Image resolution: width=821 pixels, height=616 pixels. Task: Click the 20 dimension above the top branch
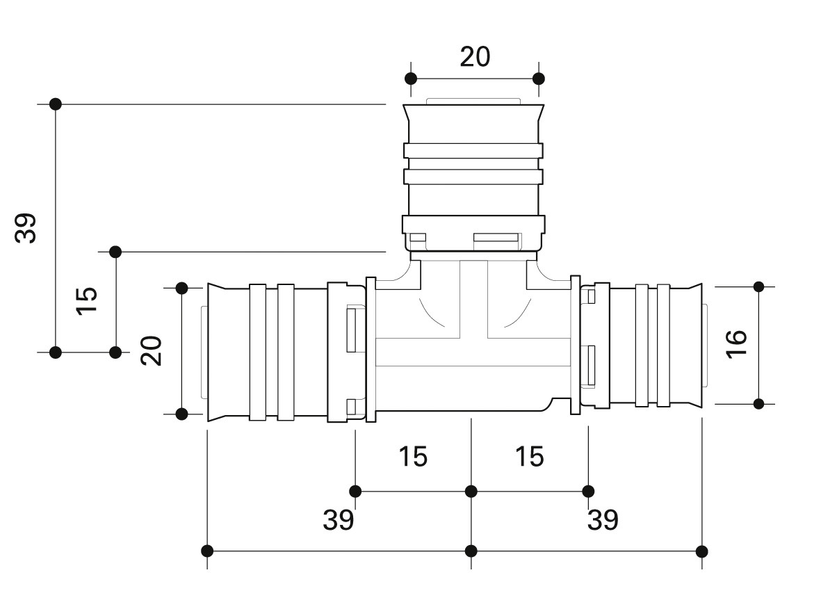point(475,56)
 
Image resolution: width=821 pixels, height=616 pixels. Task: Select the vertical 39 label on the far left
point(26,228)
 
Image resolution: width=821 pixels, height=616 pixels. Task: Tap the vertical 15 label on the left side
point(87,300)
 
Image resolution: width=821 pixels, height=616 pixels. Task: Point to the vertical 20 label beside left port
point(151,350)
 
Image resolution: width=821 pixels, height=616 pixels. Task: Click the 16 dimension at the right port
point(736,343)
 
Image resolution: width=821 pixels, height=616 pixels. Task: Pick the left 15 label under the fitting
point(413,456)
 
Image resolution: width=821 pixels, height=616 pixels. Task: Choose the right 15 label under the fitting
point(530,456)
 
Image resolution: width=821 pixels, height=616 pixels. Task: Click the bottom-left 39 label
point(339,519)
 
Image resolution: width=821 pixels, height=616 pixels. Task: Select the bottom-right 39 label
point(603,519)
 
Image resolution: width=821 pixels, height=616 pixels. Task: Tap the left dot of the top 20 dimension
point(411,79)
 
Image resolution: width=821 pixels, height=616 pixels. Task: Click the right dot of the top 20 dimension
point(538,79)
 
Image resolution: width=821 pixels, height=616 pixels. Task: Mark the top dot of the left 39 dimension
point(56,104)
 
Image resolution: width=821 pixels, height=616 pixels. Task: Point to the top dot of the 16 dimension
point(758,286)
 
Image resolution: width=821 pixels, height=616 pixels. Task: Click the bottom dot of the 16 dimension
point(758,404)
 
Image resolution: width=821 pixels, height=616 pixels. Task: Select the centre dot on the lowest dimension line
point(471,551)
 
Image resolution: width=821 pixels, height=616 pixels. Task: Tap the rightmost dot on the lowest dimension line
point(702,551)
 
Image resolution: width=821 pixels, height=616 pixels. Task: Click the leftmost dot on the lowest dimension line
point(207,551)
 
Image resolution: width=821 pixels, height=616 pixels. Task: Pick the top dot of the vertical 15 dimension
point(115,252)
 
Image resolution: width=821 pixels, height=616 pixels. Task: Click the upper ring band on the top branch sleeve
point(473,151)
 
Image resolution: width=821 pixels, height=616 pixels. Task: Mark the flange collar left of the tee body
point(371,350)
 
